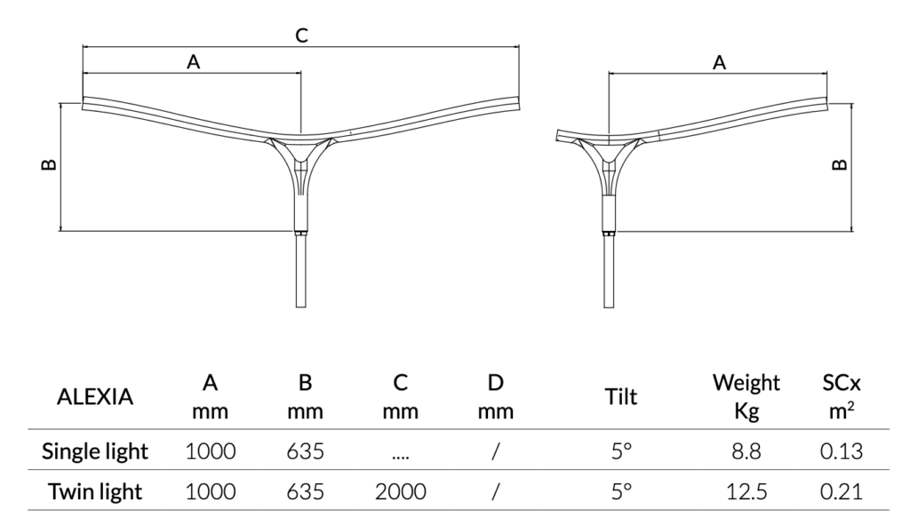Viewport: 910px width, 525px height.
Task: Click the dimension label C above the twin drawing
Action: point(301,36)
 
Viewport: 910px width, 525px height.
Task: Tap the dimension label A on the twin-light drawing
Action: point(193,61)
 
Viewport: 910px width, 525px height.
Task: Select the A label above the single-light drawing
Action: point(720,62)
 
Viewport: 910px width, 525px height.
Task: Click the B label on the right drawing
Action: point(839,164)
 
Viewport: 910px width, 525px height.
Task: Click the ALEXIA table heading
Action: point(95,397)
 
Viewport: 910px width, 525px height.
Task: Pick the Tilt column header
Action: point(620,397)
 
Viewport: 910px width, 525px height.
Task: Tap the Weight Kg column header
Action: point(746,397)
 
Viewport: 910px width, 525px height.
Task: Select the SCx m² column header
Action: point(839,397)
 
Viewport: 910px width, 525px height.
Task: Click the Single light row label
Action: point(95,451)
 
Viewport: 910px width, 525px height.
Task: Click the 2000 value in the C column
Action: point(400,491)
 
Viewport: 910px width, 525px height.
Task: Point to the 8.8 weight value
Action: point(746,451)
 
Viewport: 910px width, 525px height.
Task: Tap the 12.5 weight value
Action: point(746,491)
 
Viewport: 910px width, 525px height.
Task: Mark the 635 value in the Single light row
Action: point(304,451)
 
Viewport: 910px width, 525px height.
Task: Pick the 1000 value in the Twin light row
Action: point(211,491)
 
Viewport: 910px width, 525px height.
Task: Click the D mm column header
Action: point(496,397)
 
